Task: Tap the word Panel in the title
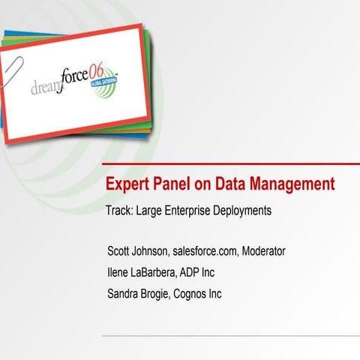pos(171,184)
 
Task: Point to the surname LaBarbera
pos(165,272)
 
